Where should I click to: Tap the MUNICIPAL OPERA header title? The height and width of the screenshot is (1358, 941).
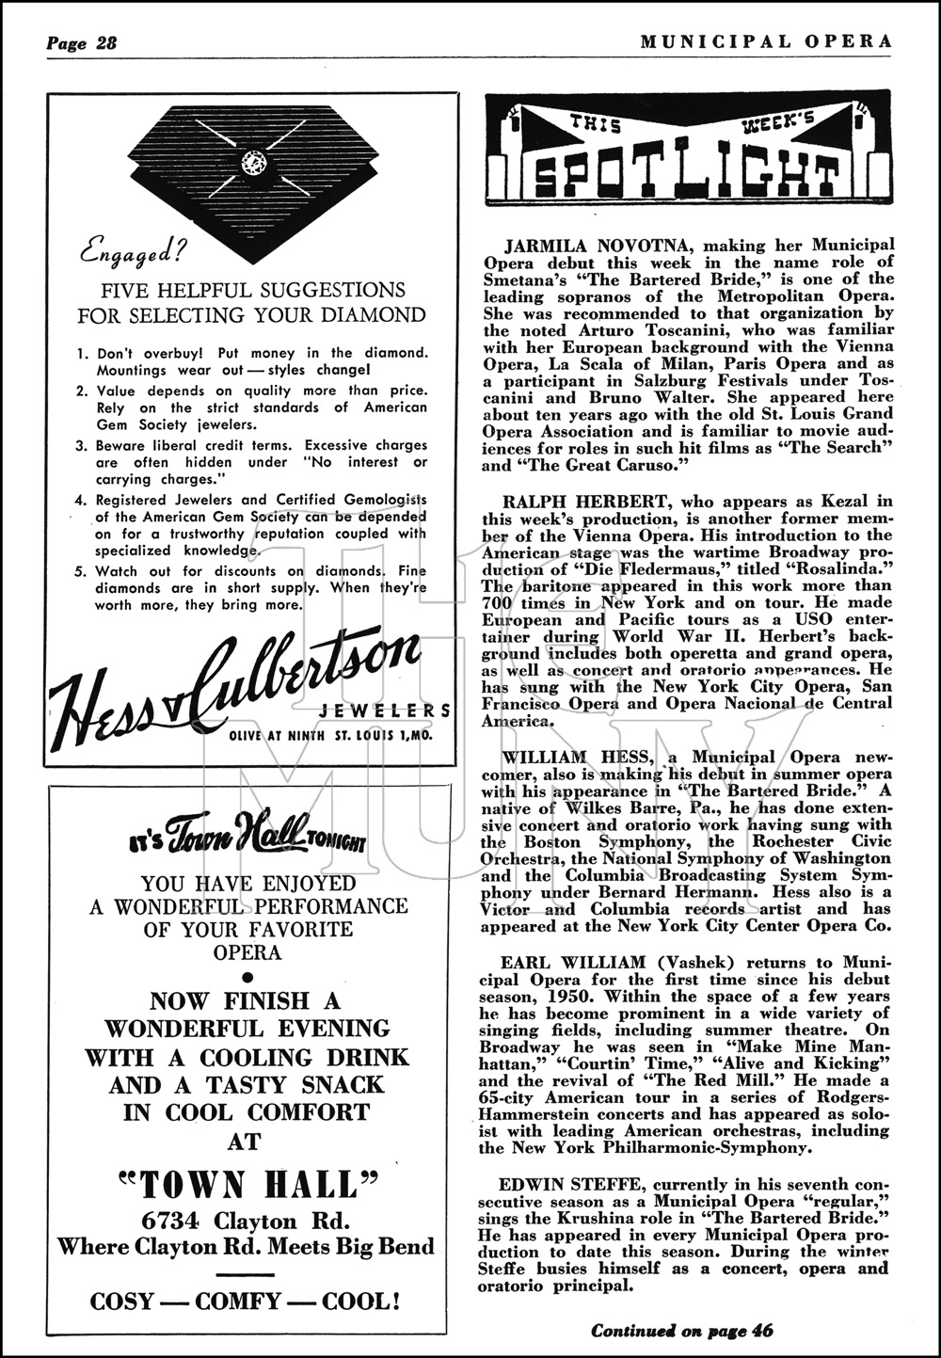764,40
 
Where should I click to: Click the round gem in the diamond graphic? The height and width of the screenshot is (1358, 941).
253,162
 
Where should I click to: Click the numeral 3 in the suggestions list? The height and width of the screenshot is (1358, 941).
84,445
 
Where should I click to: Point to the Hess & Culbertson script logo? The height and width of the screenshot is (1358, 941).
235,676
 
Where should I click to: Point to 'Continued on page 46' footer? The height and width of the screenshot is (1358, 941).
683,1329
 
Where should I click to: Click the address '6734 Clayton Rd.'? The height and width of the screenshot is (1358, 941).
247,1222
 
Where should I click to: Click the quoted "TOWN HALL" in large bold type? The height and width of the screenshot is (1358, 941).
247,1183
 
